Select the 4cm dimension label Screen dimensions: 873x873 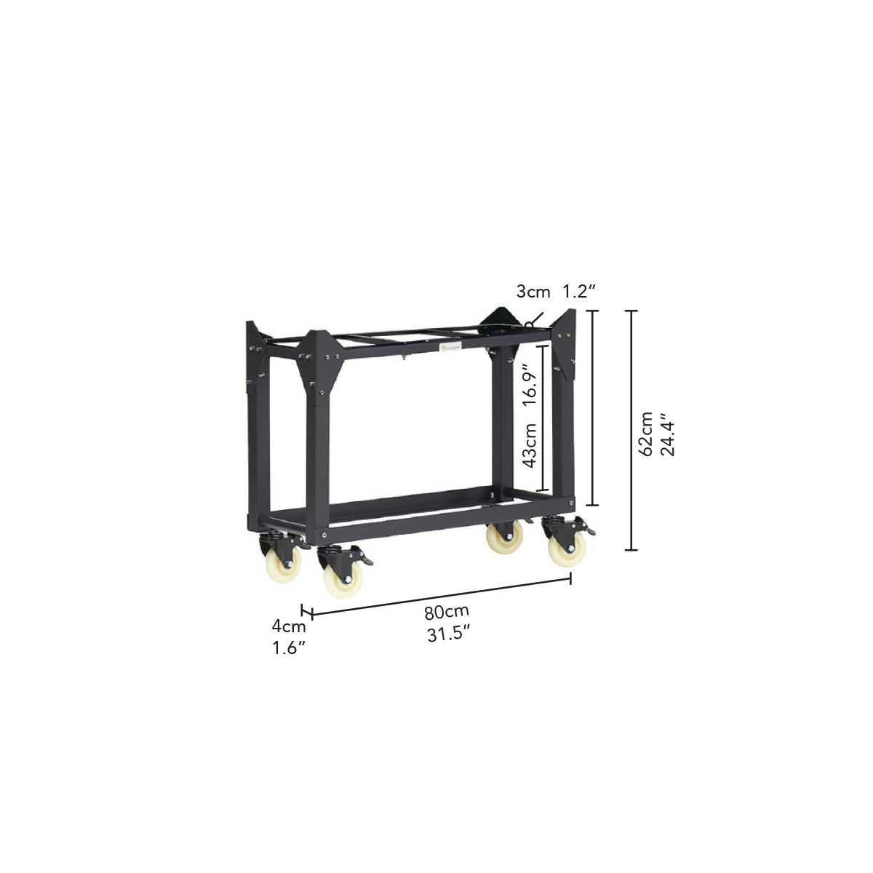(x=289, y=625)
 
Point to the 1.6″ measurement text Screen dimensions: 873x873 (x=289, y=648)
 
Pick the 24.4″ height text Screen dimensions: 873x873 (x=669, y=434)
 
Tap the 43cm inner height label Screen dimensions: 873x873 (x=529, y=445)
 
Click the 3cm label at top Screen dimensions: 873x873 (x=533, y=292)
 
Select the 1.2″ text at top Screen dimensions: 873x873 (x=580, y=292)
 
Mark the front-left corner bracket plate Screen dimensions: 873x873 (x=319, y=364)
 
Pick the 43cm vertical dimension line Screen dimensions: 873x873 (x=541, y=418)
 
